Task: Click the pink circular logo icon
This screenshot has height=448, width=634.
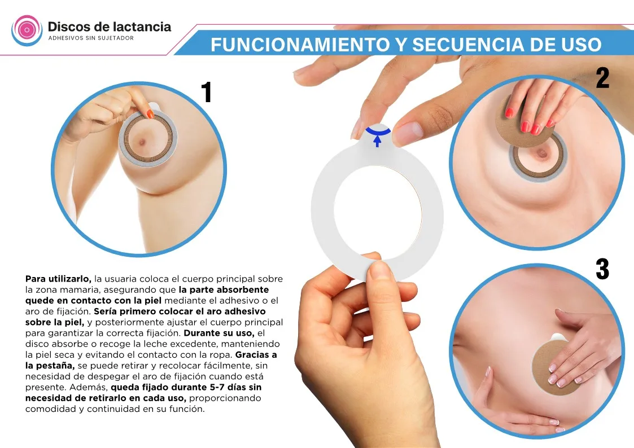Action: (x=27, y=30)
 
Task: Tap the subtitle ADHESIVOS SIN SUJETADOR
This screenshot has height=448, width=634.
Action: (x=91, y=38)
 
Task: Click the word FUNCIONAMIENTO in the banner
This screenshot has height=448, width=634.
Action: (x=299, y=45)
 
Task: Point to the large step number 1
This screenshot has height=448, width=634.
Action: (x=207, y=92)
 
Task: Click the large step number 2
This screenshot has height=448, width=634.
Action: (x=602, y=78)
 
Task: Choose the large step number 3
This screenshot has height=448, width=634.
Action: (x=602, y=269)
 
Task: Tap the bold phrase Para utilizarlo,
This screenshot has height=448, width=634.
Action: (x=58, y=279)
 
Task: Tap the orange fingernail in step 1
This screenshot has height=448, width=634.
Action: (x=150, y=114)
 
